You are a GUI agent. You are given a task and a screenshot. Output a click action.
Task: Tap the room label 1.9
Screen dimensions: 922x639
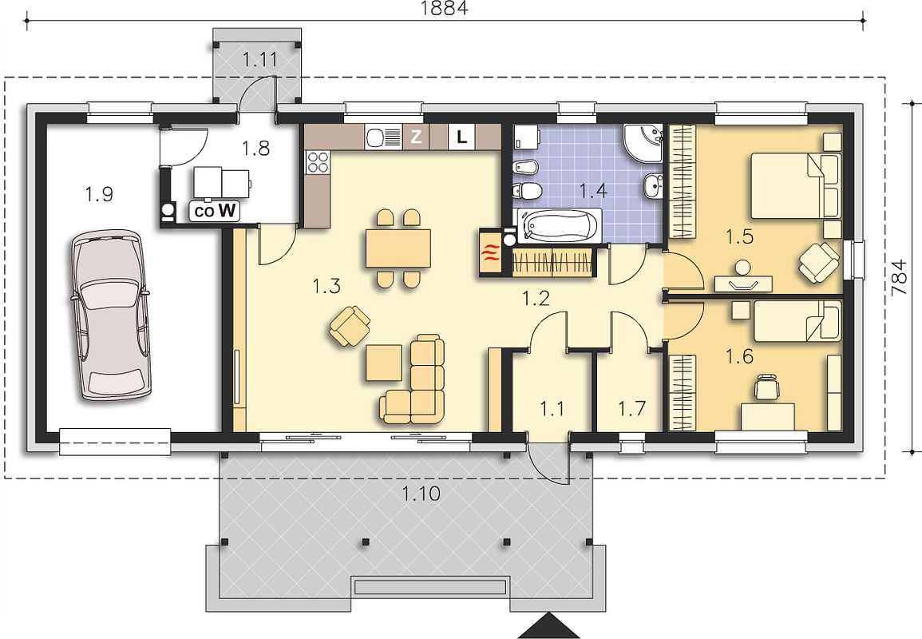coord(99,193)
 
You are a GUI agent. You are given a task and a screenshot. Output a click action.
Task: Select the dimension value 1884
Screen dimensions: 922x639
coord(445,8)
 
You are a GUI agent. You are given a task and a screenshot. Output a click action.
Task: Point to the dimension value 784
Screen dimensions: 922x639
coord(899,278)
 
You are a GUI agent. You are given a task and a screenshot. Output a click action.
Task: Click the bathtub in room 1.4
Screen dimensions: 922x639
coord(558,225)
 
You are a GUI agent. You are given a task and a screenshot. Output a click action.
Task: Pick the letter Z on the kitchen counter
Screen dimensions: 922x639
coord(416,137)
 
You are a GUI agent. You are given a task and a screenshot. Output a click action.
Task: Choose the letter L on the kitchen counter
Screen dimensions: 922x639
coord(462,137)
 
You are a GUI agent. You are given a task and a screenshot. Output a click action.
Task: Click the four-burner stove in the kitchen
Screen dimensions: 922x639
coord(318,162)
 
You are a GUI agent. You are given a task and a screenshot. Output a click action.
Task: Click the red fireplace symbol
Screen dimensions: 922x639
coord(490,252)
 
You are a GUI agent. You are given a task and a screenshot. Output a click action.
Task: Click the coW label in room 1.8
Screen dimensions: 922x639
coord(215,212)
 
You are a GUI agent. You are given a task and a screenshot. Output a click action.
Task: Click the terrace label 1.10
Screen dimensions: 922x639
coord(421,493)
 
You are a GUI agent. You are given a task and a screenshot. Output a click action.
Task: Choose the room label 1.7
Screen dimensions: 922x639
coord(632,407)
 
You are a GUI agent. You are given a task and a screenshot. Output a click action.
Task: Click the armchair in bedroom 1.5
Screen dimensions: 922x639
coord(818,261)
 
